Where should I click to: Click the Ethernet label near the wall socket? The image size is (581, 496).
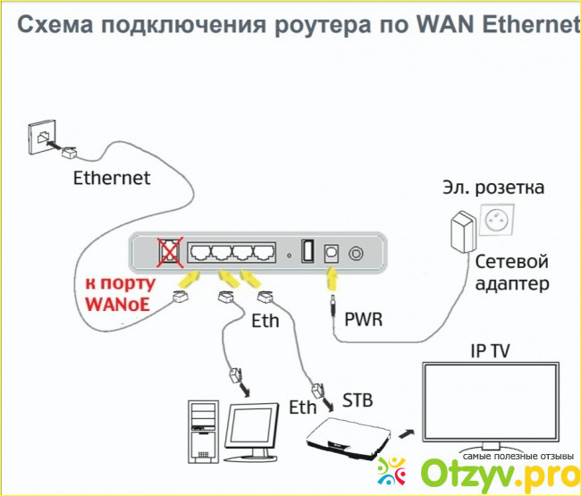tap(111, 177)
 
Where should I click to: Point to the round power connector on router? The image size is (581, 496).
tap(356, 254)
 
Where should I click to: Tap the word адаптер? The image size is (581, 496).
tap(512, 284)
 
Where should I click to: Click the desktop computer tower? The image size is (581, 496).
tap(203, 433)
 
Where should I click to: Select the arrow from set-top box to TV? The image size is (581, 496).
tap(406, 432)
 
